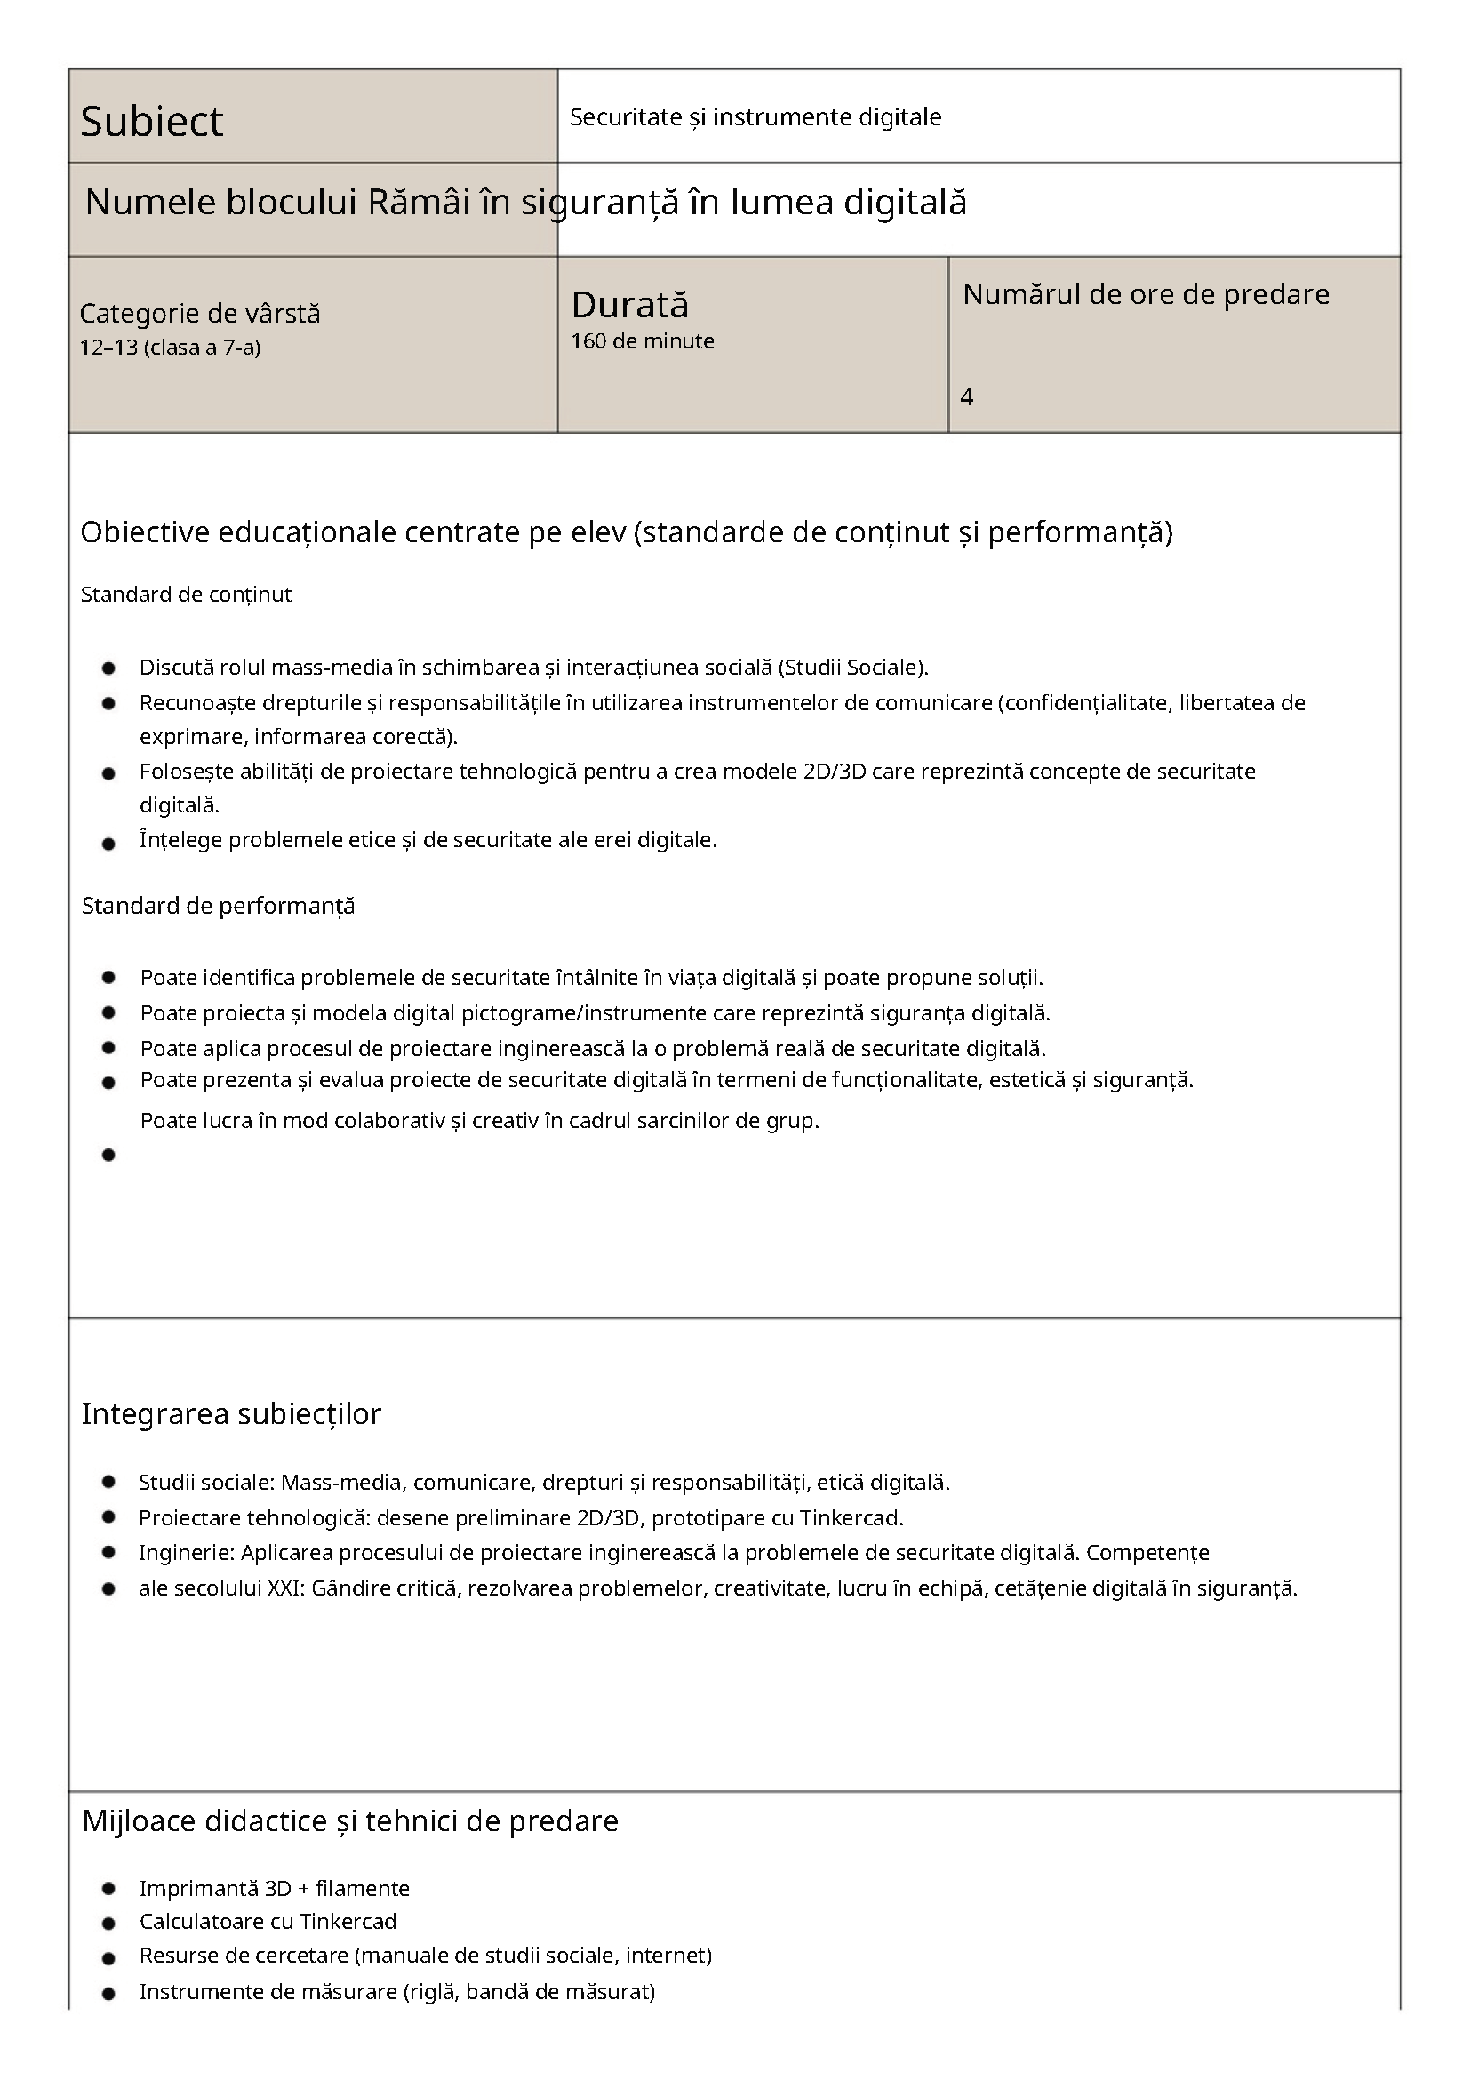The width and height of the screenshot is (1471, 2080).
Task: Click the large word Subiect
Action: tap(151, 122)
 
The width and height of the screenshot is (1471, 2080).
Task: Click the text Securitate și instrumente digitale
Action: tap(755, 116)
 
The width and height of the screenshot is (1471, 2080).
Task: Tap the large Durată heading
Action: tap(629, 305)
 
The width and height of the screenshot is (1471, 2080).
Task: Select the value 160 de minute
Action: tap(643, 341)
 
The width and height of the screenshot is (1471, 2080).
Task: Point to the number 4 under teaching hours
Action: tap(966, 396)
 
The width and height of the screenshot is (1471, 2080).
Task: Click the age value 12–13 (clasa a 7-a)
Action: tap(171, 348)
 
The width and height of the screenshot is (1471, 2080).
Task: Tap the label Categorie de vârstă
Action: tap(200, 314)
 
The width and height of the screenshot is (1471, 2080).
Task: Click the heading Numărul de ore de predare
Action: tap(1146, 294)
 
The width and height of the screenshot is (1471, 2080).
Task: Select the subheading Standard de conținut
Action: tap(186, 595)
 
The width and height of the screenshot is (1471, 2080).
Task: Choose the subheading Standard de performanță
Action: tap(219, 906)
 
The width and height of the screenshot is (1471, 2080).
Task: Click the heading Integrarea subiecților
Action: tap(231, 1414)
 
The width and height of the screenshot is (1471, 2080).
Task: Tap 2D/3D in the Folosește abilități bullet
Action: tap(835, 772)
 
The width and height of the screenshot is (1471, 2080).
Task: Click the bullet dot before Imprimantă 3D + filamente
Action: tap(108, 1889)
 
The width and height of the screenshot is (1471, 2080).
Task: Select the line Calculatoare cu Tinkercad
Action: tap(268, 1922)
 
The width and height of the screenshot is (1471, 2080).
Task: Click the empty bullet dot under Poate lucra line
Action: tap(108, 1155)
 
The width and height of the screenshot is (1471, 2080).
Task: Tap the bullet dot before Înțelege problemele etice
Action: tap(108, 844)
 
